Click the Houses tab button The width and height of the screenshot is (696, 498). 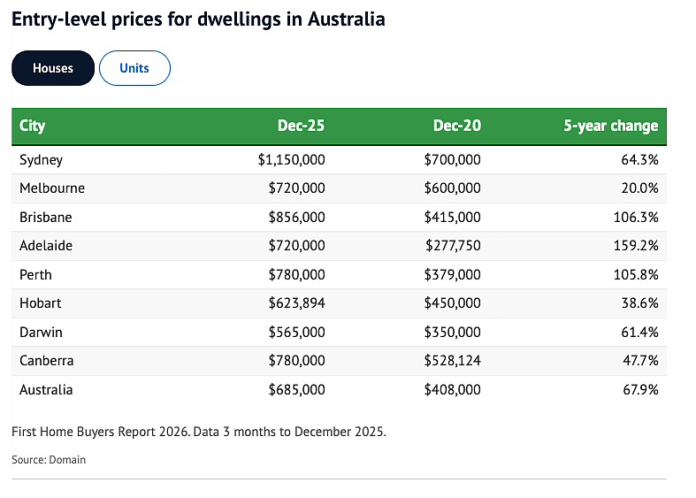point(53,68)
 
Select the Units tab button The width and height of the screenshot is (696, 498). point(134,68)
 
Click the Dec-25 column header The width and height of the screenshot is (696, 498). point(301,126)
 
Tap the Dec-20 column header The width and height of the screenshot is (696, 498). point(456,126)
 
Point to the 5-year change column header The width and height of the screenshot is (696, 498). point(611,126)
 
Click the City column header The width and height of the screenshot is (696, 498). point(32,126)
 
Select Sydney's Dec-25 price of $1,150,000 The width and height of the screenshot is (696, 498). point(291,160)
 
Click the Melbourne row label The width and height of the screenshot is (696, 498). point(52,188)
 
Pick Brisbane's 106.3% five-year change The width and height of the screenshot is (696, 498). point(636,217)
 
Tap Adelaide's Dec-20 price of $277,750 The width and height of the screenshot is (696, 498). point(453,245)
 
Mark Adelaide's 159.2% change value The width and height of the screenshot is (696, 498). point(636,245)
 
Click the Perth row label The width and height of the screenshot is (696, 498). point(35,275)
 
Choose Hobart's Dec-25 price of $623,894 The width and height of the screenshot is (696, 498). point(296,303)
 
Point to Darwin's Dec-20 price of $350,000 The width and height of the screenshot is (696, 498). point(452,332)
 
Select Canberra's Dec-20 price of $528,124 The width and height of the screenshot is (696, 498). point(452,360)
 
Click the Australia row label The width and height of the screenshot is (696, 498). point(46,390)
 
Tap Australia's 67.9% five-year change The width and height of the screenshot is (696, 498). point(640,390)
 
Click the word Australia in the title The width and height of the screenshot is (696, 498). point(346,19)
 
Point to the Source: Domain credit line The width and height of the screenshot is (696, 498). point(49,459)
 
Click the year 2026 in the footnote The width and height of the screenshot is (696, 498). point(174,432)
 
